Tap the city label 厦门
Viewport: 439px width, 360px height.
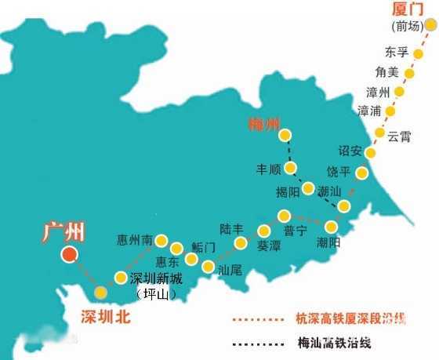(x=409, y=10)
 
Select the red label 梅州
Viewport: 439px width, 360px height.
(x=263, y=123)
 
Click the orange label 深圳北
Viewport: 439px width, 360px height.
(x=105, y=317)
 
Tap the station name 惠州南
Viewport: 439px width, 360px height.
(x=134, y=240)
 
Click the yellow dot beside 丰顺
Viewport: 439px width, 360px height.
(x=291, y=168)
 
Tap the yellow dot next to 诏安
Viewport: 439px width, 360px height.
(x=371, y=154)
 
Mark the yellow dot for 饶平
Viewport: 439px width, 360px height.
(x=361, y=173)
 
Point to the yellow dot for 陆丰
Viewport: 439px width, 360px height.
(x=264, y=231)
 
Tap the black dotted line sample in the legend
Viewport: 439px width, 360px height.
(x=256, y=343)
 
